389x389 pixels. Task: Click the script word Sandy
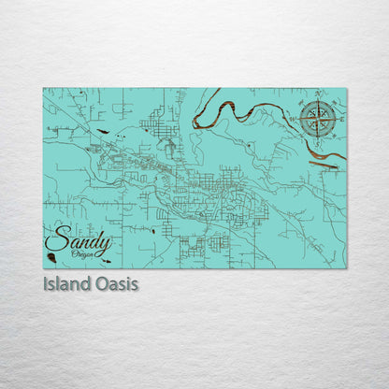pyautogui.click(x=71, y=240)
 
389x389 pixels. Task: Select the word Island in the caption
pyautogui.click(x=66, y=283)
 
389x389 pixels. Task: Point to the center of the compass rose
pyautogui.click(x=318, y=119)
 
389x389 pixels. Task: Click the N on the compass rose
pyautogui.click(x=318, y=95)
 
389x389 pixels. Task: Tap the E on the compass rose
pyautogui.click(x=341, y=119)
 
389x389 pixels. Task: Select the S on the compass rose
pyautogui.click(x=318, y=142)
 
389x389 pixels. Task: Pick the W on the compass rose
pyautogui.click(x=295, y=119)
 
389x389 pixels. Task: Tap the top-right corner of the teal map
pyautogui.click(x=346, y=89)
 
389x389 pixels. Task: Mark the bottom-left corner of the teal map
pyautogui.click(x=43, y=268)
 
